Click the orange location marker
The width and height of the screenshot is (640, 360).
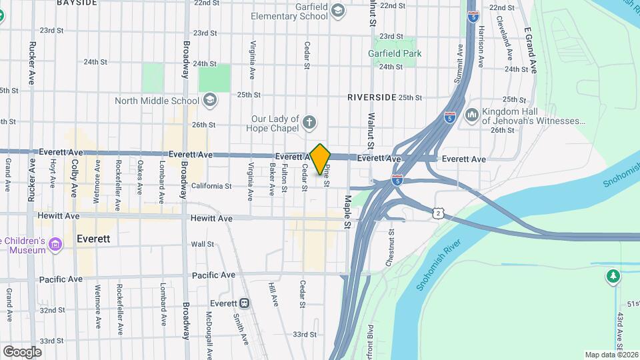tap(321, 159)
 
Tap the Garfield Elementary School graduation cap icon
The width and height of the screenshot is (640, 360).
tap(338, 10)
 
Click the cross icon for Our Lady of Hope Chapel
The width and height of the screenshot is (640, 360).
tap(309, 122)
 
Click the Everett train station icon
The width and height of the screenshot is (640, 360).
tap(245, 303)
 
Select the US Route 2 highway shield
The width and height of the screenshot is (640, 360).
tap(437, 212)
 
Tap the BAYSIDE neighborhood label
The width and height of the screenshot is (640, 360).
tap(77, 3)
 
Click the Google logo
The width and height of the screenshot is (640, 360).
tap(22, 351)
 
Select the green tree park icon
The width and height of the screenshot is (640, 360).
tap(612, 275)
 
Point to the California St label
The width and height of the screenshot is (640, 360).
tap(211, 187)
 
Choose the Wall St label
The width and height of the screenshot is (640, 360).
tap(202, 245)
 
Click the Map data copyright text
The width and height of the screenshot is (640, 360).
tap(611, 355)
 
